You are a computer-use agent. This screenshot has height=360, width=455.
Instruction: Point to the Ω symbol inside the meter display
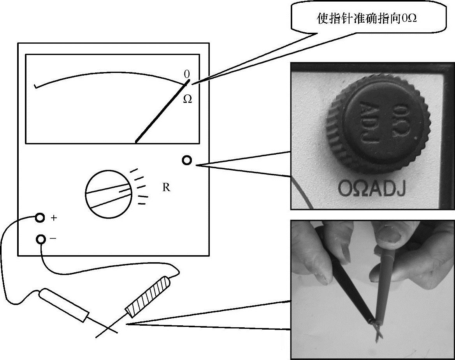187,99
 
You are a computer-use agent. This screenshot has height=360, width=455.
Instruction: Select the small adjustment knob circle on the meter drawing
187,160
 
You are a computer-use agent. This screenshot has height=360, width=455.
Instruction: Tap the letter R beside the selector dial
166,187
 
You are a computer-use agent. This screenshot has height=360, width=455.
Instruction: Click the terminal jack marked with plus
40,217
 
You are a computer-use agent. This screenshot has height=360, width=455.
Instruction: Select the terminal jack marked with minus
41,239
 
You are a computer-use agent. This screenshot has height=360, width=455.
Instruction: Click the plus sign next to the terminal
54,218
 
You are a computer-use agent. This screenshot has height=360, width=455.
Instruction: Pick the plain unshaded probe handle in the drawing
65,305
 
